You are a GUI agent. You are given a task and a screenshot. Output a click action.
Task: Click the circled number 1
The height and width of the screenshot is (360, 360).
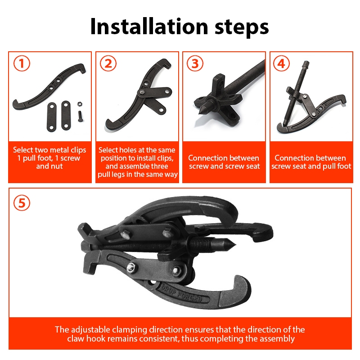pos(22,63)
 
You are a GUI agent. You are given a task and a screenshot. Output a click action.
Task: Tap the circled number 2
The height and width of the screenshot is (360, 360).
pos(108,63)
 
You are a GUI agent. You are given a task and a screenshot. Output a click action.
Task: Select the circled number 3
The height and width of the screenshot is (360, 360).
pos(195,63)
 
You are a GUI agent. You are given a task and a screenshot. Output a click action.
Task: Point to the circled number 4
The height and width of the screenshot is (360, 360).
pos(282,63)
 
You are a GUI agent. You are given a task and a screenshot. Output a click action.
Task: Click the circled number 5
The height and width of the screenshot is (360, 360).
pos(22,203)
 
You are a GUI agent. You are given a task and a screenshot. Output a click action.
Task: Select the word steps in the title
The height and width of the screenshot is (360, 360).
pos(242,28)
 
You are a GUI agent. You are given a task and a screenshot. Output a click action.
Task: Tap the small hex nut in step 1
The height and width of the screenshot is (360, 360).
pos(80,104)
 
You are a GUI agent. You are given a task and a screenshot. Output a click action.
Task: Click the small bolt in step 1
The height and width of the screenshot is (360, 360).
pos(80,116)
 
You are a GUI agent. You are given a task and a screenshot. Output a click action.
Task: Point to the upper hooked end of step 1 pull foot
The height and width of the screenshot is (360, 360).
pos(82,68)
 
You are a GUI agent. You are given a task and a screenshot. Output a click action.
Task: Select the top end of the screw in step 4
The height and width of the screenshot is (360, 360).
pos(306,63)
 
